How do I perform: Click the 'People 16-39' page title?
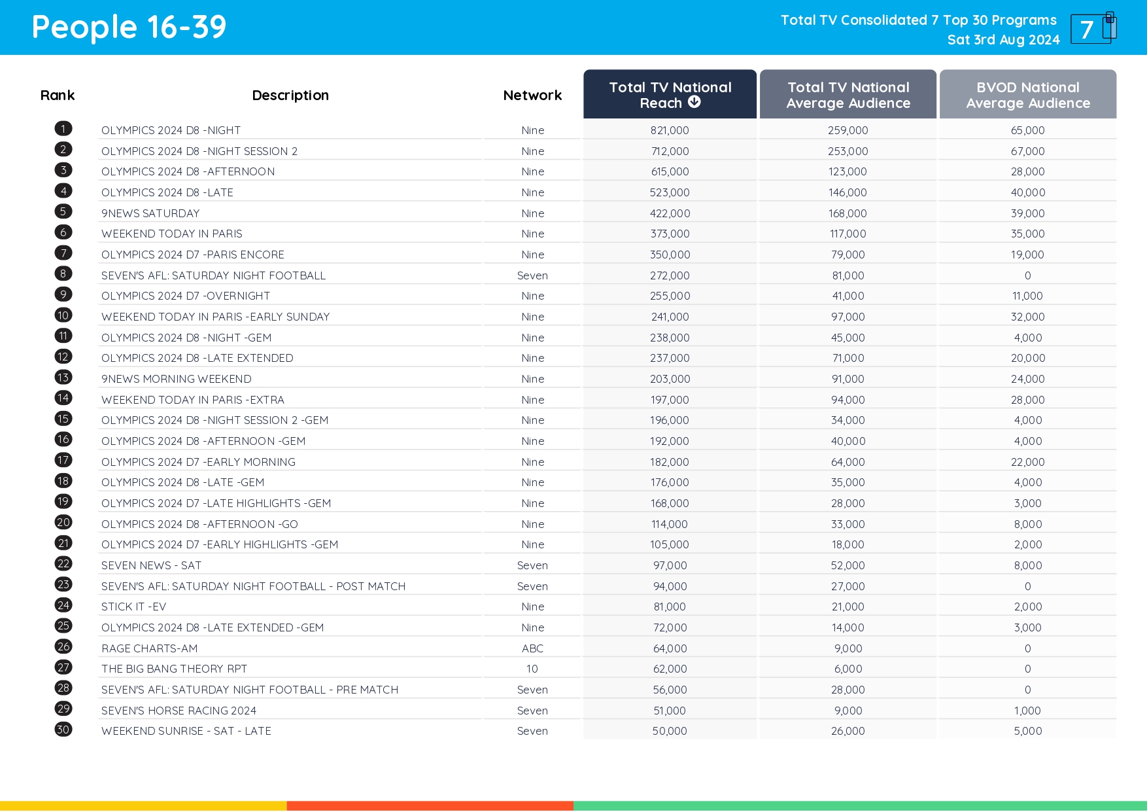[129, 27]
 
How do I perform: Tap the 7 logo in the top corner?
[1093, 28]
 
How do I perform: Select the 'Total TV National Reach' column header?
[670, 95]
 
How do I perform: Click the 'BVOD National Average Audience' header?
[1027, 95]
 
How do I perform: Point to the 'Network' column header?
[532, 96]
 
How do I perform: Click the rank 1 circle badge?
[63, 129]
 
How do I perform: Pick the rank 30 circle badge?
[63, 730]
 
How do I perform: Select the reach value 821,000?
[670, 130]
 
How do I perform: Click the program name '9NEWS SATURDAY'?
[150, 213]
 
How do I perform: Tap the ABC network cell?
[532, 648]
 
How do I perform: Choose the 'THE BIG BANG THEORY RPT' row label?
[174, 669]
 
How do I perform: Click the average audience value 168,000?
[847, 213]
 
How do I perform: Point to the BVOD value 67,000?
[1027, 151]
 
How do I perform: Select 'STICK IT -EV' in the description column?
[133, 607]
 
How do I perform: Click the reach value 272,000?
[670, 275]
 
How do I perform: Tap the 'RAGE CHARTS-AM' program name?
[149, 648]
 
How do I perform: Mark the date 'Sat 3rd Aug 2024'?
[1003, 40]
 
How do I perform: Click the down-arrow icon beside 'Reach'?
[694, 102]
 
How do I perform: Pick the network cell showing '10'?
[532, 669]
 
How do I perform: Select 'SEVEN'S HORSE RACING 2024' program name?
[179, 711]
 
